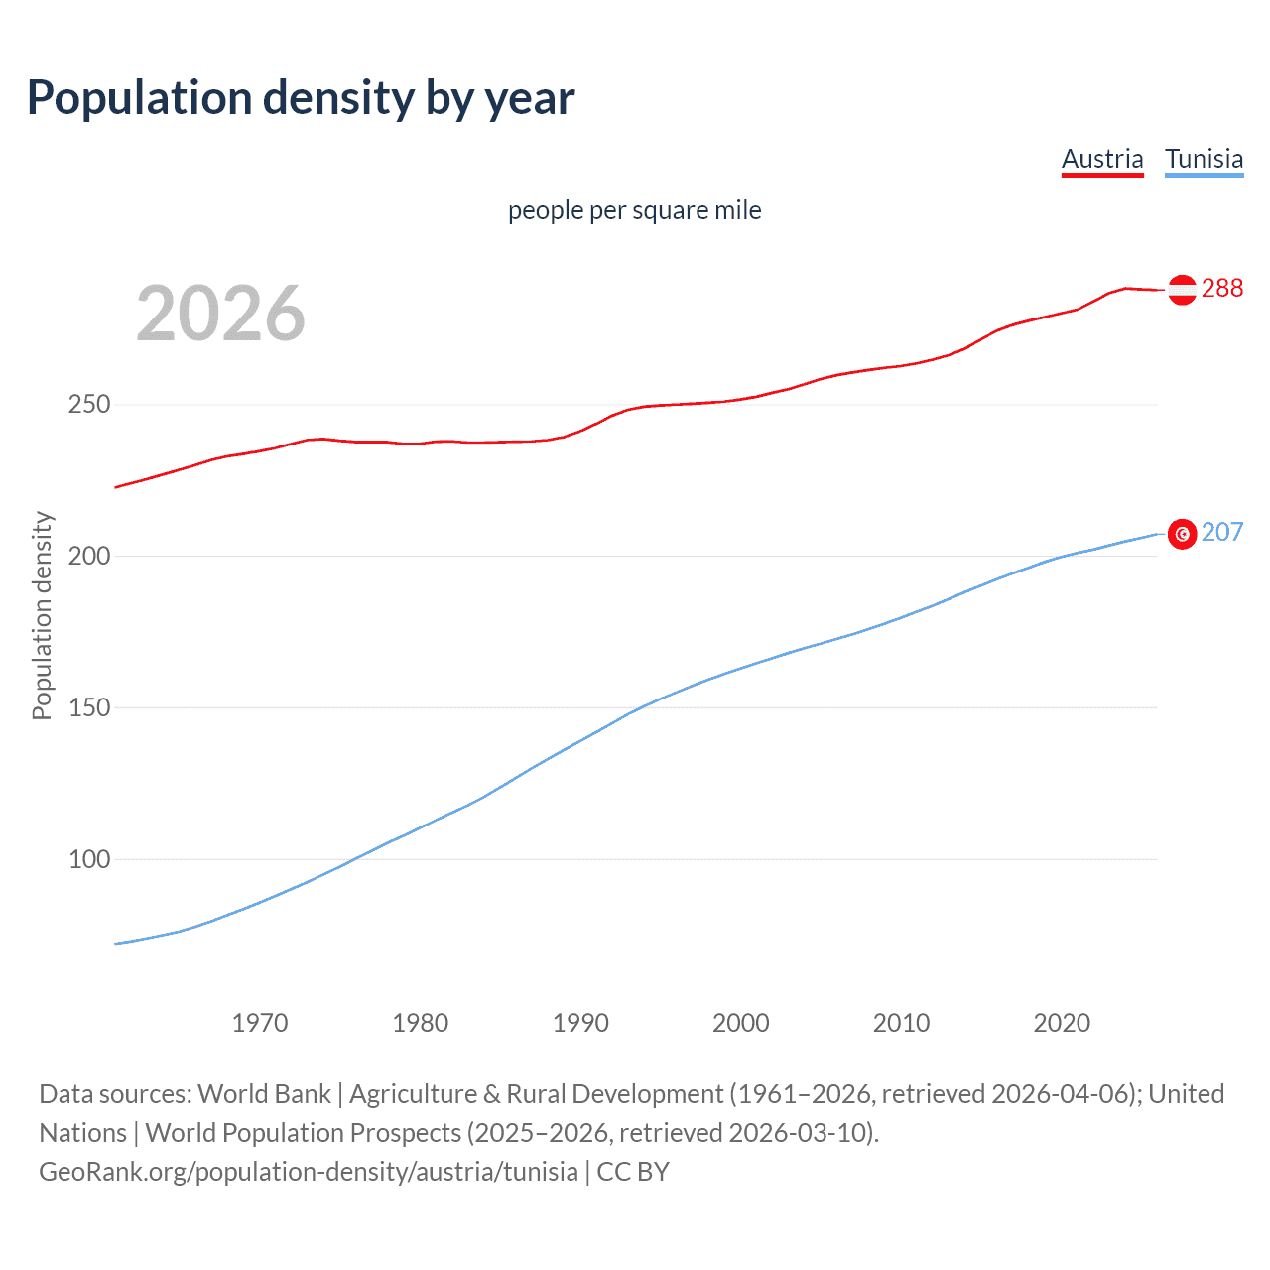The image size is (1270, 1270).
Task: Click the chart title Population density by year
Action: [301, 98]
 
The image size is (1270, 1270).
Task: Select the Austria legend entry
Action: [1101, 159]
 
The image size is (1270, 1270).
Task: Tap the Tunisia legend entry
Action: [1204, 159]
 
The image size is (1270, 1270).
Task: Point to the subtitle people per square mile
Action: [634, 211]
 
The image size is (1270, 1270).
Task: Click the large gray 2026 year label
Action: [220, 314]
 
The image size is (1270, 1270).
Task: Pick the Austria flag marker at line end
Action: [1182, 289]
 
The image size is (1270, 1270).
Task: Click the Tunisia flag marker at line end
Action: [1182, 534]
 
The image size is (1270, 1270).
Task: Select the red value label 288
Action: [1221, 288]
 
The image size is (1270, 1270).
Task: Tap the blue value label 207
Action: [1221, 533]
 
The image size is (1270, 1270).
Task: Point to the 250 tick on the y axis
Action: [89, 405]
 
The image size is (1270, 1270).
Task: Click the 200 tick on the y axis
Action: [89, 557]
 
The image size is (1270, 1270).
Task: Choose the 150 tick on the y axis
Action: [89, 708]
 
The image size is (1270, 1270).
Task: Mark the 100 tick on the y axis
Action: [89, 860]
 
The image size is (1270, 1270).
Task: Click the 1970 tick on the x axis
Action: [260, 1023]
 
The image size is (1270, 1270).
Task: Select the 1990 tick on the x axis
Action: [580, 1023]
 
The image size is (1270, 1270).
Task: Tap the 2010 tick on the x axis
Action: [901, 1023]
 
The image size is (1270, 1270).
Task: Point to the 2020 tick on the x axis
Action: [1062, 1023]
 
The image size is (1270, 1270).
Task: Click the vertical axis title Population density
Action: [42, 615]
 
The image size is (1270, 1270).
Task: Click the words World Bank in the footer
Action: [264, 1094]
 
